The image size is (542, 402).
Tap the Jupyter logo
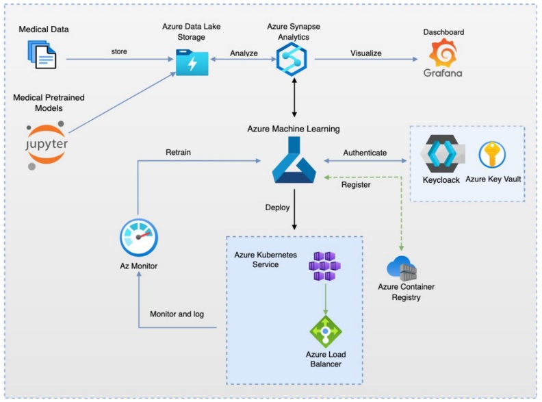[x=47, y=144]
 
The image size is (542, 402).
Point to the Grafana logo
[x=443, y=59]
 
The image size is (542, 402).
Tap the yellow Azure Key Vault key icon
[x=492, y=155]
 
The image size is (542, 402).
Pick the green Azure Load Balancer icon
[x=326, y=331]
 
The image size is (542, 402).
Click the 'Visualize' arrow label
[x=366, y=52]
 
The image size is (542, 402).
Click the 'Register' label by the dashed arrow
[x=356, y=184]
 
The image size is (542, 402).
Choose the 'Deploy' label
[x=278, y=206]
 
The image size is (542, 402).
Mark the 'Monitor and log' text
[x=177, y=314]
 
